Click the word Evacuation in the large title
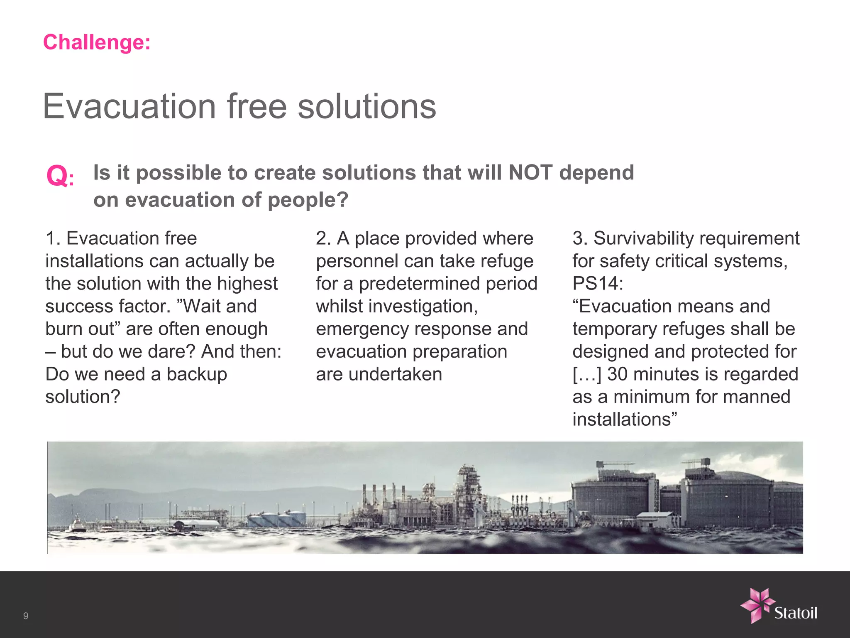(129, 107)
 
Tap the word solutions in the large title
(367, 107)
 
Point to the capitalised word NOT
(530, 172)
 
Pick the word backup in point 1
(197, 374)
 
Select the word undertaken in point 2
(395, 374)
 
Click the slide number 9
(26, 616)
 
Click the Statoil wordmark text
(796, 613)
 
